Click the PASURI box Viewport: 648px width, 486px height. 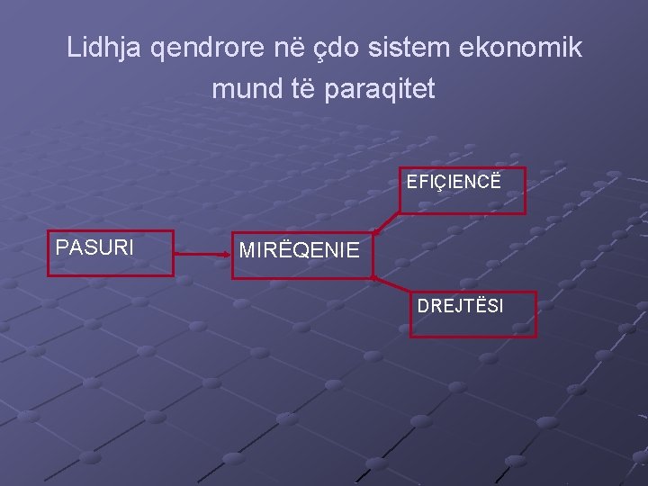coord(110,253)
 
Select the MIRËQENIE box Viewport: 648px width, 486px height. coord(301,256)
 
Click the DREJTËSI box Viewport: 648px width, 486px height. coord(472,314)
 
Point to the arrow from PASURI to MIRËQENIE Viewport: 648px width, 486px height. coord(202,255)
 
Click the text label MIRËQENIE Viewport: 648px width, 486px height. coord(300,250)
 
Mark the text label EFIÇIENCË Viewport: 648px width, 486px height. coord(453,182)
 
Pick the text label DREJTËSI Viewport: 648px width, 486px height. coord(460,306)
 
